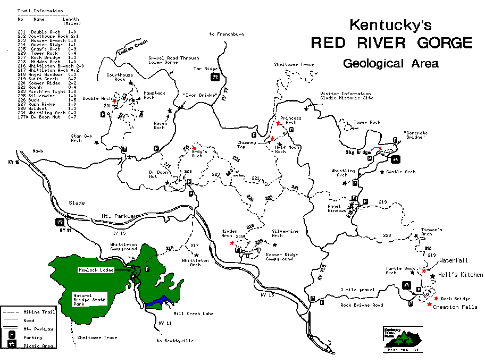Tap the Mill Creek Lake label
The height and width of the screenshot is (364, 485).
(x=193, y=314)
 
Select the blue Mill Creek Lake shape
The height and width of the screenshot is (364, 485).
(x=160, y=301)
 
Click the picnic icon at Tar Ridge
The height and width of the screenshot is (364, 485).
(x=215, y=78)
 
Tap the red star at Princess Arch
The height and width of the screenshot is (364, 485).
(x=278, y=123)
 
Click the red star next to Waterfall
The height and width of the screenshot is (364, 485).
(x=424, y=270)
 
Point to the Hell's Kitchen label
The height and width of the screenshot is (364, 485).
(x=461, y=275)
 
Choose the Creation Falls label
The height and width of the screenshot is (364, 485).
(x=451, y=307)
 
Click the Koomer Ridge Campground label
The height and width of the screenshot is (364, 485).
(x=279, y=257)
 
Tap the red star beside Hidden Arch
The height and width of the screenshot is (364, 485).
(x=232, y=242)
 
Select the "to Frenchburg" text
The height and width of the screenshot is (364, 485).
(x=227, y=34)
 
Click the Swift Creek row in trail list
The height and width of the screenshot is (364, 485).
(x=40, y=78)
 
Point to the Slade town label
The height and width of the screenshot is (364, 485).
(x=77, y=202)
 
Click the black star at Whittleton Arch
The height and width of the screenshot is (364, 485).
(x=196, y=256)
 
